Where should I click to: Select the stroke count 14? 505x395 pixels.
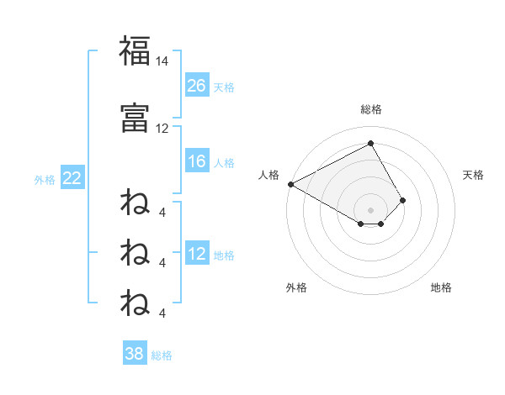[x=162, y=61]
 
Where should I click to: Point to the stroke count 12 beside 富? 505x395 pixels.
[x=162, y=128]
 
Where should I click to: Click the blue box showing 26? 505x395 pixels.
[x=197, y=86]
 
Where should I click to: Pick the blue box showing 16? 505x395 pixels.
[x=197, y=161]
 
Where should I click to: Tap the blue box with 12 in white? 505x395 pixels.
[x=197, y=255]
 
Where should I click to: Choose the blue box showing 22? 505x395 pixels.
[x=72, y=178]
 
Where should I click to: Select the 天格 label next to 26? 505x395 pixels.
[x=224, y=87]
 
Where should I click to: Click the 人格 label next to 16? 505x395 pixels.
[x=224, y=162]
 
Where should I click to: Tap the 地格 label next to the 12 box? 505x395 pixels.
[x=224, y=255]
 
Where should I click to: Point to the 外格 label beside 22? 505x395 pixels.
[x=45, y=179]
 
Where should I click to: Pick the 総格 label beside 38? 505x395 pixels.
[x=162, y=355]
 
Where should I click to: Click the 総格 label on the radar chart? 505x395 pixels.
[x=370, y=109]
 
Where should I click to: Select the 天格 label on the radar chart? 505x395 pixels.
[x=474, y=175]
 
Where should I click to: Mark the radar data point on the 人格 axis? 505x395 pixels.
[x=290, y=183]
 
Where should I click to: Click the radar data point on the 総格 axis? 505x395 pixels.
[x=370, y=143]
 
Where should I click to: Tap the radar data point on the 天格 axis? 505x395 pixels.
[x=403, y=200]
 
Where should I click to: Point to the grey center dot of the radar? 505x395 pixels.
[x=370, y=209]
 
